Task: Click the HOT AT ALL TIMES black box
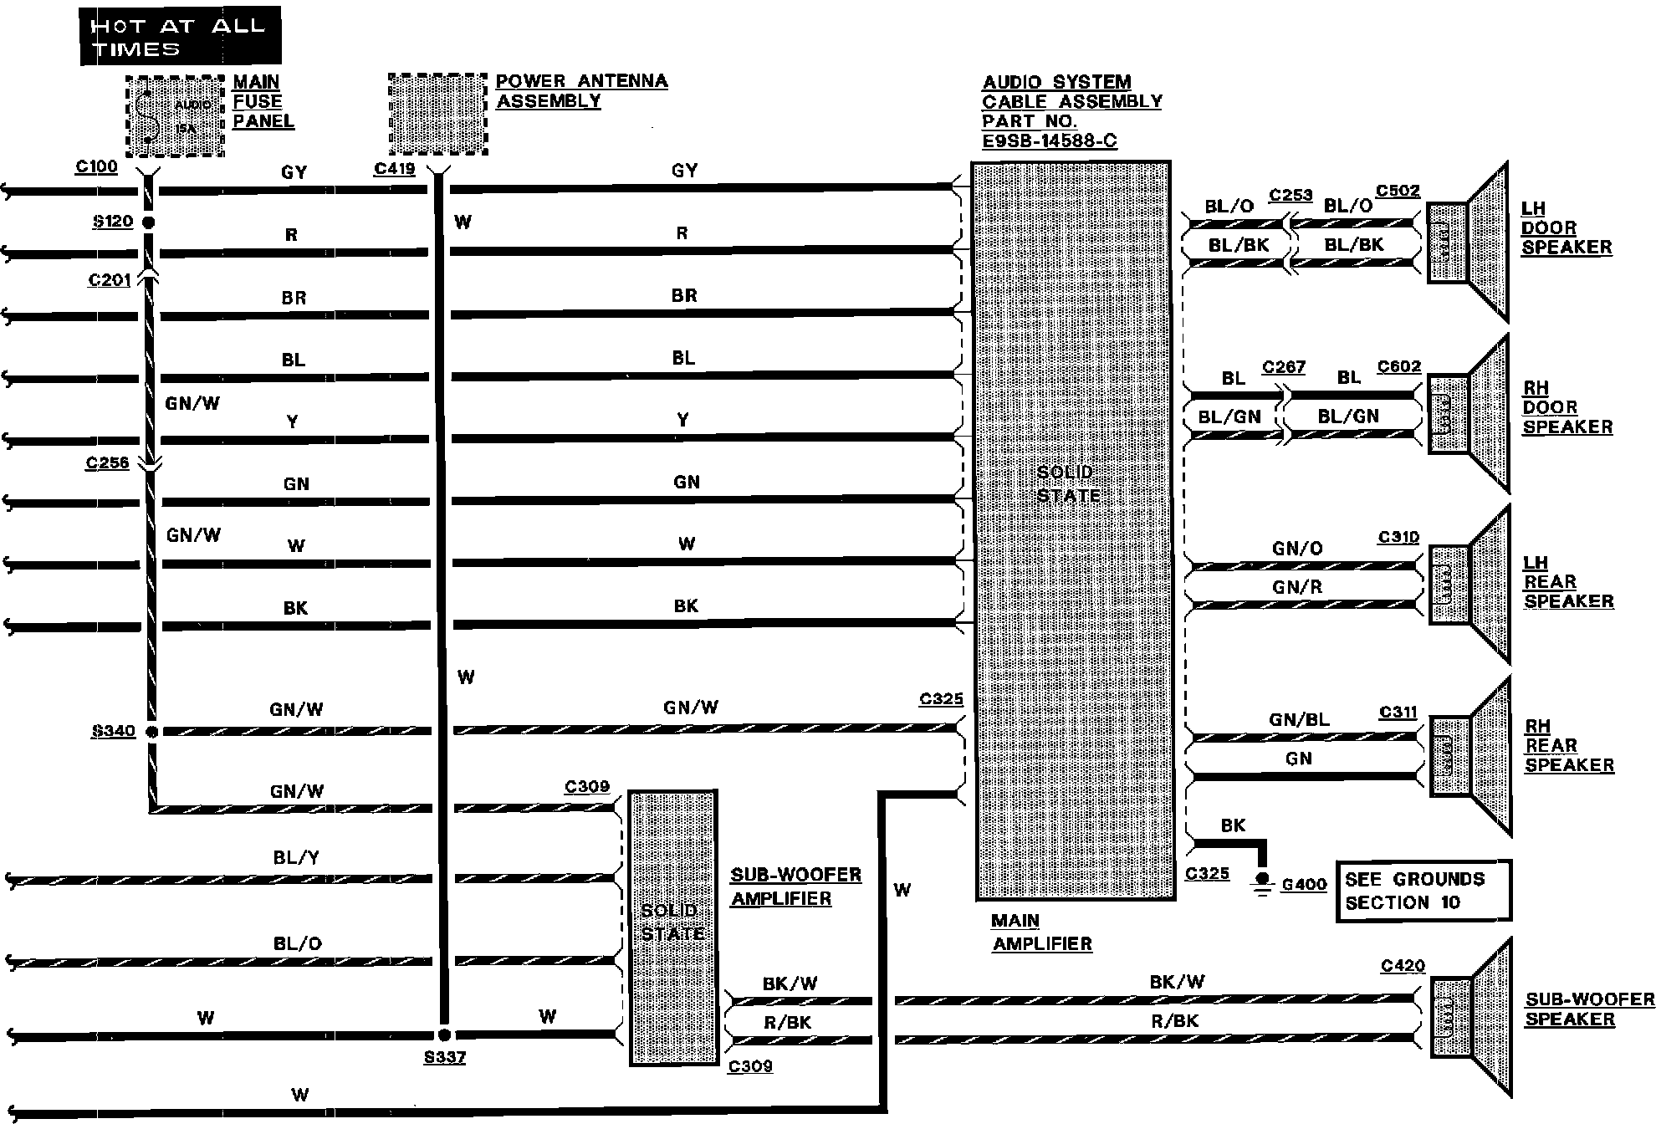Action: click(180, 36)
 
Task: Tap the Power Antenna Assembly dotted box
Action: click(437, 115)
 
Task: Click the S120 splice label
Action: click(113, 222)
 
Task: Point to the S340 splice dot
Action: click(151, 732)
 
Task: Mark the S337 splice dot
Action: click(444, 1035)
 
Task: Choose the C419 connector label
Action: click(395, 169)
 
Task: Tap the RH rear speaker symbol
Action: click(1471, 757)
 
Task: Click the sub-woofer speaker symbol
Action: click(1472, 1017)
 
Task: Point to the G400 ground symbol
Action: click(1263, 883)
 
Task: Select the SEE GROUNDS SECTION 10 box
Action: click(1423, 891)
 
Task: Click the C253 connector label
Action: click(1290, 195)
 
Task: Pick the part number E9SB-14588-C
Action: click(1049, 140)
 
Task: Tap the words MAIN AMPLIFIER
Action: click(1041, 932)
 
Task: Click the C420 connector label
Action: click(1403, 966)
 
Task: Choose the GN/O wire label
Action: click(1297, 549)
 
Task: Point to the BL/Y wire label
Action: click(296, 857)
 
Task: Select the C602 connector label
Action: click(1399, 366)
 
